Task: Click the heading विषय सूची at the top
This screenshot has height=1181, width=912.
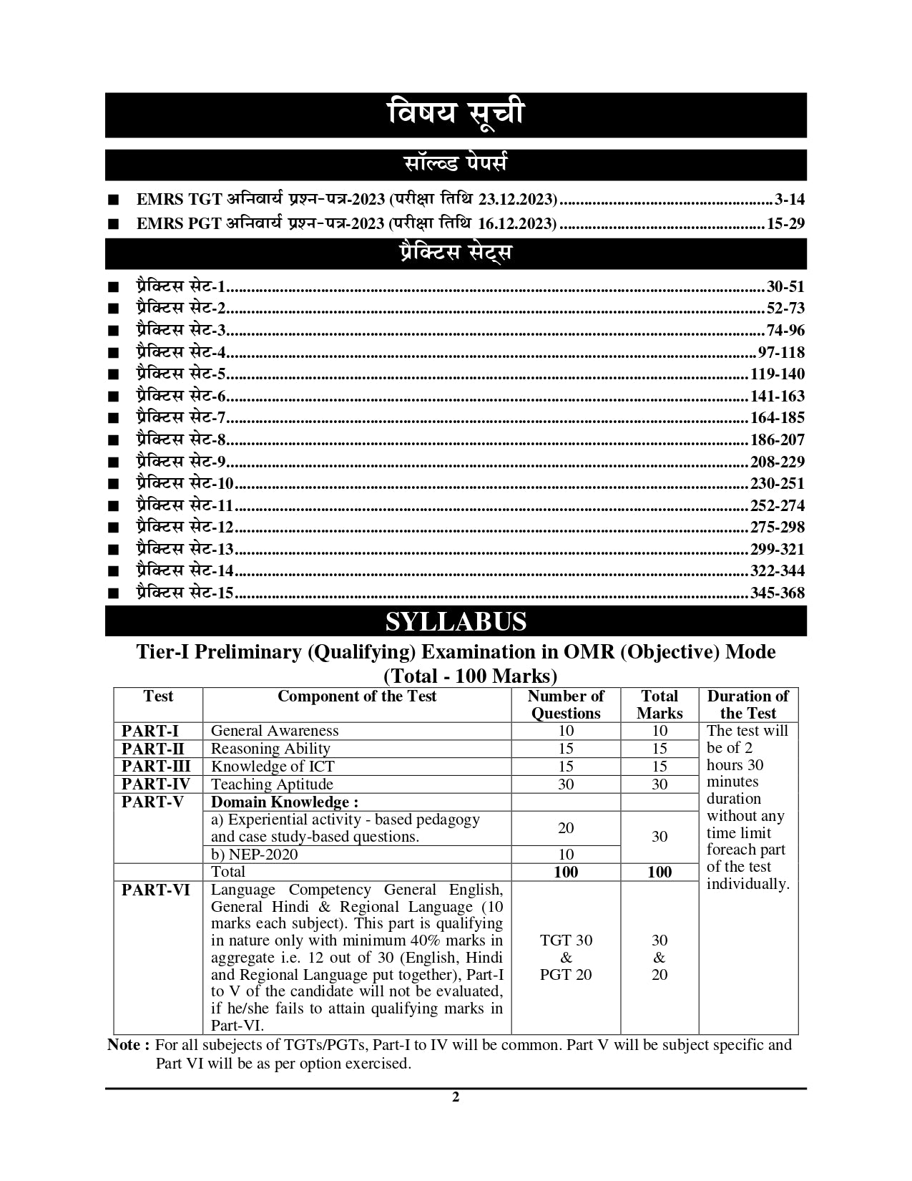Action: coord(455,115)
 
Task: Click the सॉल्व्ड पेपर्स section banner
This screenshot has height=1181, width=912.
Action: coord(455,165)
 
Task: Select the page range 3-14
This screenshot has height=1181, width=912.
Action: coord(789,200)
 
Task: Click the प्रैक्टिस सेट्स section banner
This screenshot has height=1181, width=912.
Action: coord(455,253)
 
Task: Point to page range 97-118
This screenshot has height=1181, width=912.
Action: coord(780,353)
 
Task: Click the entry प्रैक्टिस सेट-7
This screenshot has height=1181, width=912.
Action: coord(181,418)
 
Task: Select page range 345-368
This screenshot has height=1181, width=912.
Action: coord(777,593)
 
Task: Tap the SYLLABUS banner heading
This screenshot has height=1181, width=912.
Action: coord(455,621)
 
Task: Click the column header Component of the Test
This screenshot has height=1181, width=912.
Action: coord(356,696)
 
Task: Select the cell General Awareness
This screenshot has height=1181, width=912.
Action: coord(275,731)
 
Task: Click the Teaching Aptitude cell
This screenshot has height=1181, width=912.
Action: coord(272,784)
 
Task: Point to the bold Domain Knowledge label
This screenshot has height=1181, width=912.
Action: coord(284,802)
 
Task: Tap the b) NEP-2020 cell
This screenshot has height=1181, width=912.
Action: coord(254,855)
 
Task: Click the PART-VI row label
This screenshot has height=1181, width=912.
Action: coord(156,890)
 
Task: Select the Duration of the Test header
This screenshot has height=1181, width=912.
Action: coord(747,704)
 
